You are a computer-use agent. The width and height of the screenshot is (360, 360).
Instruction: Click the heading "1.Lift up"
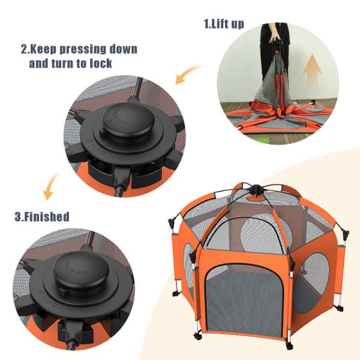(224, 25)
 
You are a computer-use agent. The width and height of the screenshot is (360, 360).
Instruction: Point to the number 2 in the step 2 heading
(24, 49)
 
